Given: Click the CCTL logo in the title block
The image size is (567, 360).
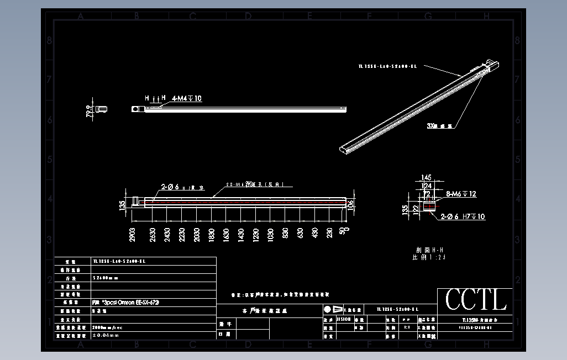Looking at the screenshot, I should tap(476, 300).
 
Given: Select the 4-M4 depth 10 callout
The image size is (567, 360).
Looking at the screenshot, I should tap(186, 99).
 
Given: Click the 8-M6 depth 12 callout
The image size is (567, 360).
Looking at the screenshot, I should tap(461, 194).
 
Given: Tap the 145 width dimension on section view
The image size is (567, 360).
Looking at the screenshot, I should tap(426, 178).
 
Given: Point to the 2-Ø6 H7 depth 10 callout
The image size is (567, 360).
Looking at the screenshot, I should tap(463, 217).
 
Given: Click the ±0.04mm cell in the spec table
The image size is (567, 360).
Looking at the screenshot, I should tap(106, 335).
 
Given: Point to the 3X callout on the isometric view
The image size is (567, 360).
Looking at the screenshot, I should tap(440, 126).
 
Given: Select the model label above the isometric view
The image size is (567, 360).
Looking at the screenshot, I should tap(388, 66).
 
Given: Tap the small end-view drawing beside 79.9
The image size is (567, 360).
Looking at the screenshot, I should tap(101, 110).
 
